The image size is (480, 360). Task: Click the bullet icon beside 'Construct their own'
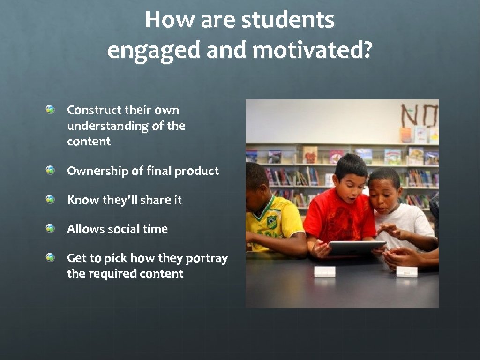[51, 110]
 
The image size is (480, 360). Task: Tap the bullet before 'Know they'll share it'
[51, 199]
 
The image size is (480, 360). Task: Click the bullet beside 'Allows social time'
[51, 228]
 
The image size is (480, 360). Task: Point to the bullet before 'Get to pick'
[51, 257]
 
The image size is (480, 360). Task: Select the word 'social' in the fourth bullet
[123, 229]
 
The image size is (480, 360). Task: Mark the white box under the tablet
[324, 271]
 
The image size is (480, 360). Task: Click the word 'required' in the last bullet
[111, 274]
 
